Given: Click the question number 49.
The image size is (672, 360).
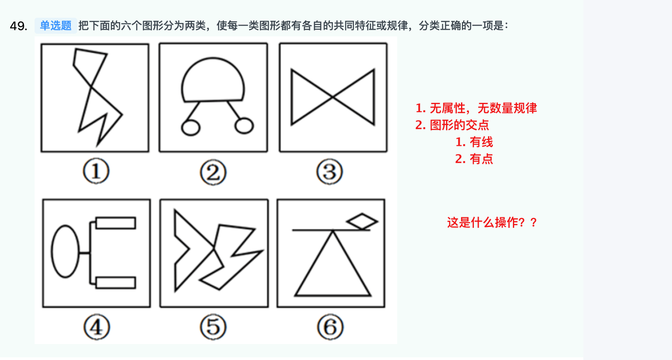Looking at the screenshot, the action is click(x=18, y=26).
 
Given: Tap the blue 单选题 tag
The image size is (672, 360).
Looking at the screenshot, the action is click(x=56, y=26).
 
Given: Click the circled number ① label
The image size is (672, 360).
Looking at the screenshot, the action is click(x=96, y=171).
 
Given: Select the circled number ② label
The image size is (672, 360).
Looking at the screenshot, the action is click(x=213, y=172).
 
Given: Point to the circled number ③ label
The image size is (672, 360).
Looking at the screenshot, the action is click(x=329, y=172).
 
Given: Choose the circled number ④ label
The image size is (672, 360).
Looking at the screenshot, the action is click(x=97, y=327).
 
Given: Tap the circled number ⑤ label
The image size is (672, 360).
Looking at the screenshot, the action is click(x=213, y=327).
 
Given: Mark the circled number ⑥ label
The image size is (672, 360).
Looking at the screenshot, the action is click(x=330, y=327).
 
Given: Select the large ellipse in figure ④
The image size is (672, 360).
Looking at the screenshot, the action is click(x=52, y=251).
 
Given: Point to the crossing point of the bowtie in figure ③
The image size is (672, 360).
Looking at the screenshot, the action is click(x=333, y=97).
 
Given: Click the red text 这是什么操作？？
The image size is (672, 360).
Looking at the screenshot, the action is click(x=492, y=223).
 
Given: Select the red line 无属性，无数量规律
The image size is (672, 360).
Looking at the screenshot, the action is click(x=476, y=108).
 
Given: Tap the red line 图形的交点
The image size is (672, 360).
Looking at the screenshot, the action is click(x=452, y=125).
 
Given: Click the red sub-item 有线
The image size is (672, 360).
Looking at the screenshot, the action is click(x=474, y=142).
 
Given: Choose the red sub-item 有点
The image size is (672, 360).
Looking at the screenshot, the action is click(x=474, y=159).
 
